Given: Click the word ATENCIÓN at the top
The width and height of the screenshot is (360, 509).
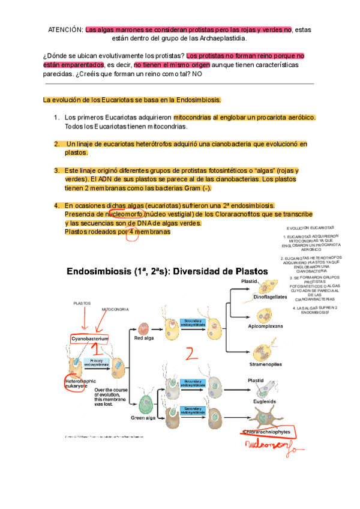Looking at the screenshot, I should (x=65, y=29).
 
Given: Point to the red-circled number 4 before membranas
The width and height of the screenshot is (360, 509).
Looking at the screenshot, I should (x=131, y=232).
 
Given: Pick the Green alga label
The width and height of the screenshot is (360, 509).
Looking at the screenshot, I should (x=143, y=418).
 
